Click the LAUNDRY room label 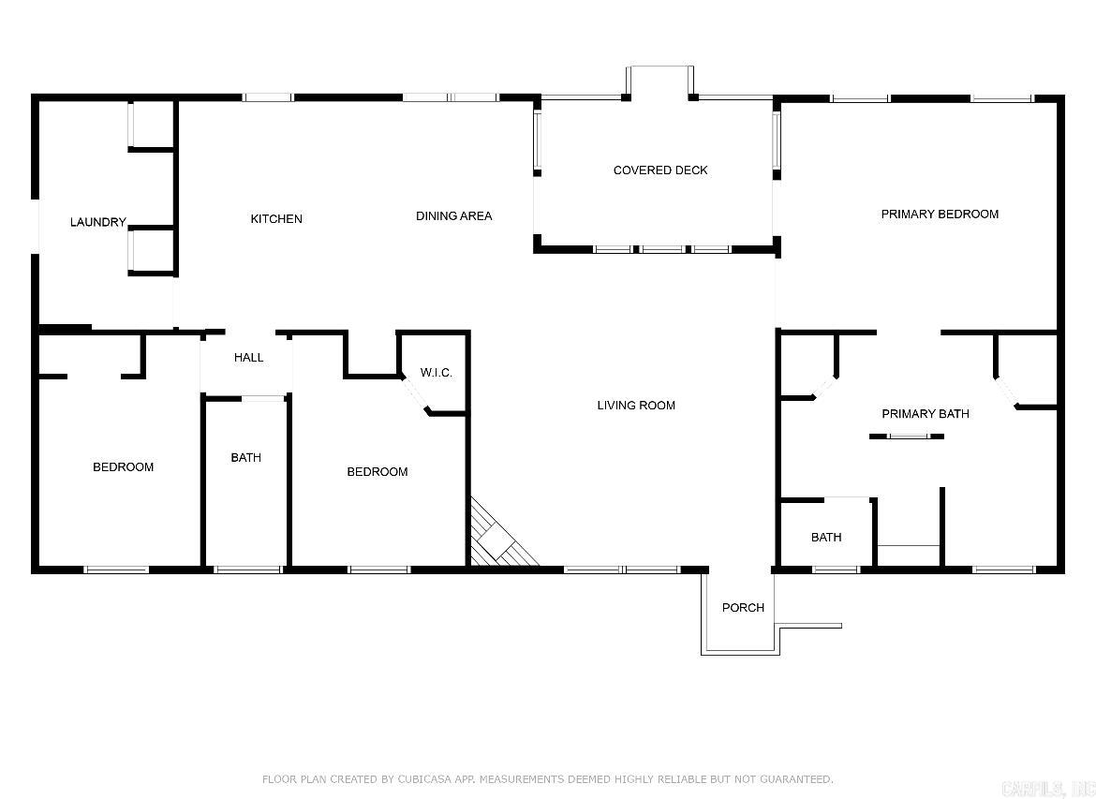click(97, 222)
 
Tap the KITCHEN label click(276, 218)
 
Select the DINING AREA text click(453, 215)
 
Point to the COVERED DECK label click(660, 170)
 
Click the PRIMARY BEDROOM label click(940, 214)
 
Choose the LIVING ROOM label click(636, 405)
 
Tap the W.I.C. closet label click(436, 372)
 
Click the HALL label click(248, 357)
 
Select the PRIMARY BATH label click(925, 413)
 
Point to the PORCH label click(743, 607)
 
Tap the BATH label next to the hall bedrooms click(245, 457)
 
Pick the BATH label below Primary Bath click(825, 537)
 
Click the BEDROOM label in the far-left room click(123, 466)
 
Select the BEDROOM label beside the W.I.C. click(377, 471)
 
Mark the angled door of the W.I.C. click(416, 393)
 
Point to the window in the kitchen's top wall click(267, 97)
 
